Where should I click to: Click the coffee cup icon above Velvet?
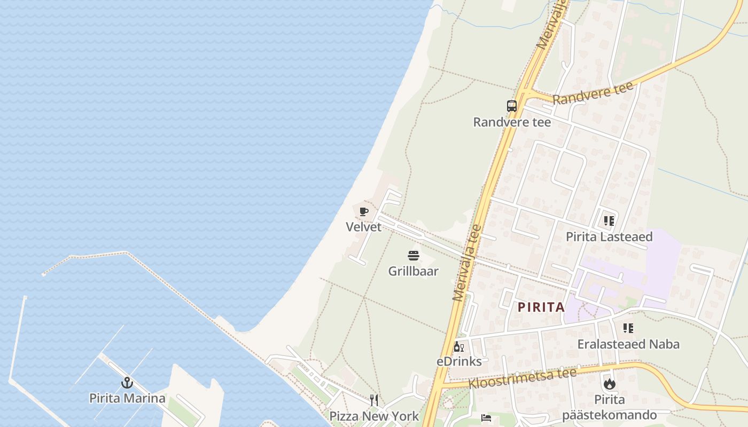364,212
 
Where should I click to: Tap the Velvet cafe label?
364,227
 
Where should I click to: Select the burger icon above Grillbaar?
414,256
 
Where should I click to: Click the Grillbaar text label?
413,271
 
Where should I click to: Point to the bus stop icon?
512,106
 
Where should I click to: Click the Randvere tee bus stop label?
512,122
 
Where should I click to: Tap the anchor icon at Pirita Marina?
127,382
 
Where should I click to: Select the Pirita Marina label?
127,398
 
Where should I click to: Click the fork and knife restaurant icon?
374,400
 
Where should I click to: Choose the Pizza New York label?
374,416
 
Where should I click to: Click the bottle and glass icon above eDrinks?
458,347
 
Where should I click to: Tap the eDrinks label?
459,361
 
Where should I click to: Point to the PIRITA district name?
541,307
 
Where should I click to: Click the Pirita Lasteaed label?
609,236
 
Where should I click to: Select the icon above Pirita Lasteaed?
609,221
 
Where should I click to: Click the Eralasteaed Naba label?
628,344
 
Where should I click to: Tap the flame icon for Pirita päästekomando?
609,384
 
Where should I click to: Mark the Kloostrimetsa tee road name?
523,378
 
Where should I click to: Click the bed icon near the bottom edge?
486,418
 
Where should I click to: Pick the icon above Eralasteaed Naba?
628,328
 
